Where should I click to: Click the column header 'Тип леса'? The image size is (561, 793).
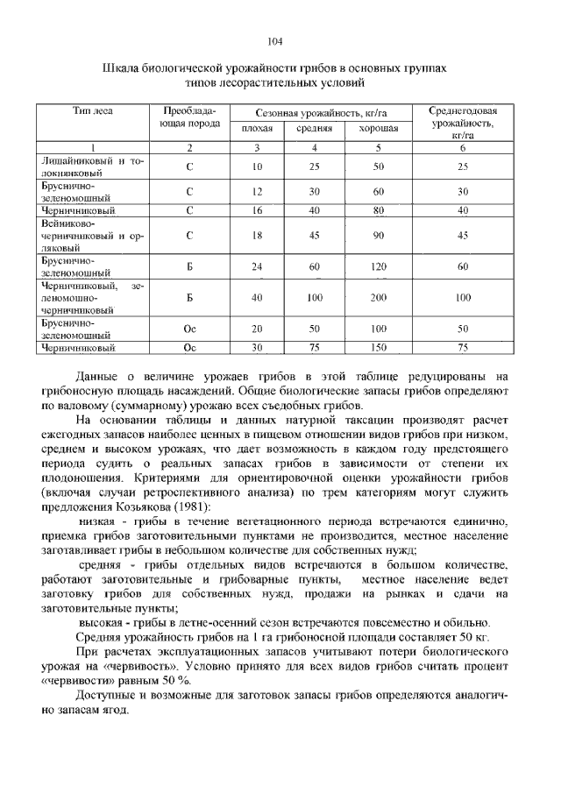pyautogui.click(x=92, y=111)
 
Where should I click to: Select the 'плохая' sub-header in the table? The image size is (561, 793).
pyautogui.click(x=258, y=130)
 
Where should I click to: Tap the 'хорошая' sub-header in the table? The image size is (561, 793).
pyautogui.click(x=378, y=130)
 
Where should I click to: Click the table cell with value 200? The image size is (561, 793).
pyautogui.click(x=379, y=298)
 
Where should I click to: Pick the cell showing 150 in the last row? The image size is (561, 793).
pyautogui.click(x=379, y=348)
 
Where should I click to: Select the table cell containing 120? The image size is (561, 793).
pyautogui.click(x=379, y=266)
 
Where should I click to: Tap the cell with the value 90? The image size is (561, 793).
pyautogui.click(x=379, y=235)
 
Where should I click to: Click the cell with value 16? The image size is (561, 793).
pyautogui.click(x=258, y=210)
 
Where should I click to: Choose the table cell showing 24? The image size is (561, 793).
pyautogui.click(x=258, y=266)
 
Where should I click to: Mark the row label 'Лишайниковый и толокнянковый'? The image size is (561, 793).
pyautogui.click(x=91, y=166)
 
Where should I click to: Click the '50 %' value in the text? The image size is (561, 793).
pyautogui.click(x=174, y=679)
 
